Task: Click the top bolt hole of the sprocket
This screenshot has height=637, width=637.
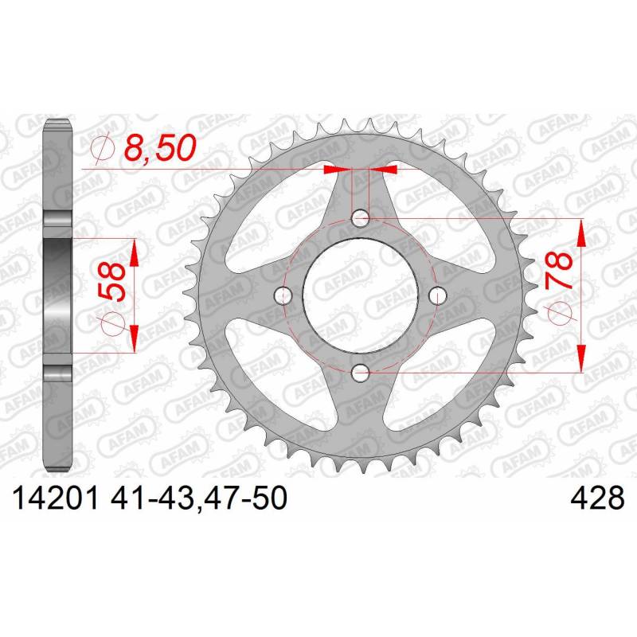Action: [x=360, y=218]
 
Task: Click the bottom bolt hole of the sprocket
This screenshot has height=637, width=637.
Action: [x=360, y=373]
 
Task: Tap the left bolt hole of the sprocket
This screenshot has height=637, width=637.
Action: [x=283, y=295]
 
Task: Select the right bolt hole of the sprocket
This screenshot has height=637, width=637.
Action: [x=437, y=295]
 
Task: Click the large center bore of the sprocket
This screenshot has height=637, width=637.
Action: [x=360, y=295]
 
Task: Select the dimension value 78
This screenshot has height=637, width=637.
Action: [x=559, y=270]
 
